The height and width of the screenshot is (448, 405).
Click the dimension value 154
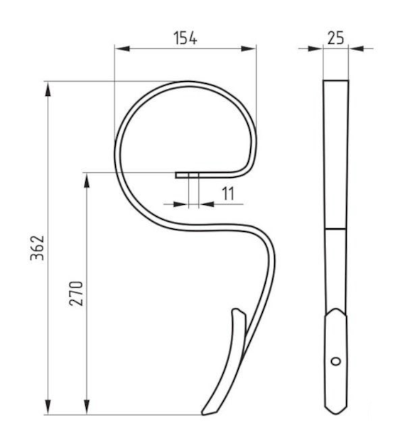(185, 38)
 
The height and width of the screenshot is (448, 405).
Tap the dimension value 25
(335, 38)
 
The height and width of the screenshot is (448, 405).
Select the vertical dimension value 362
(38, 248)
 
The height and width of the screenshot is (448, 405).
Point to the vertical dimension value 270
(76, 294)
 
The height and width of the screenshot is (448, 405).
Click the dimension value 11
(228, 193)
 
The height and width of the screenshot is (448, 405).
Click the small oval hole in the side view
(336, 361)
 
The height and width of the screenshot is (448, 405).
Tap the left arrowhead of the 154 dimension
(122, 48)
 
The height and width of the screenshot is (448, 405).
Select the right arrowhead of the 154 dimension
(249, 48)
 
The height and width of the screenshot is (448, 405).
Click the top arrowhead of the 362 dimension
(48, 89)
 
